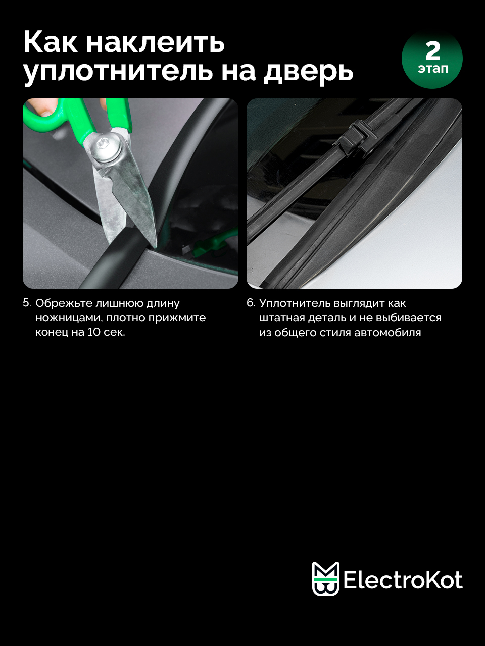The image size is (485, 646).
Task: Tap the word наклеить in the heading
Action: pos(156,43)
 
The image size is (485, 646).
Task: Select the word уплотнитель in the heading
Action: pos(118,72)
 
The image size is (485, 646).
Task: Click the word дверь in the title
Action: pos(308,72)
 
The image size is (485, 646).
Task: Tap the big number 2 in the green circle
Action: pos(432,50)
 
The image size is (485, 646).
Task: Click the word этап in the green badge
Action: pos(433,69)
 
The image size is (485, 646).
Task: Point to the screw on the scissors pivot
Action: pos(108,150)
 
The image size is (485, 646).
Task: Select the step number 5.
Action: pos(27,303)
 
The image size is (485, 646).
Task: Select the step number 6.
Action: pos(251,303)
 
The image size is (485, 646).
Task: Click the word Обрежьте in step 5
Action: pos(64,303)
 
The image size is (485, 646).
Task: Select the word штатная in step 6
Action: pos(282,318)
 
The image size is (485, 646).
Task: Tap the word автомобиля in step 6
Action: pos(387,333)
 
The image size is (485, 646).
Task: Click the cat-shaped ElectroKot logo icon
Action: pos(325,578)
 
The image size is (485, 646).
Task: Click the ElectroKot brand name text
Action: pos(403,580)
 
